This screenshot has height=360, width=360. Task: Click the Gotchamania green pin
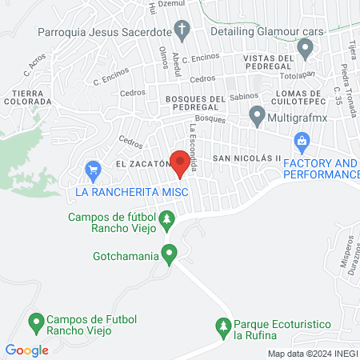169,255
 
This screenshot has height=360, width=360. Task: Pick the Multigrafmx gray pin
257,115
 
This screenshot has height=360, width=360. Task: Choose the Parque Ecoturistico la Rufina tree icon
223,326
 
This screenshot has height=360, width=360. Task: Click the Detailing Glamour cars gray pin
305,49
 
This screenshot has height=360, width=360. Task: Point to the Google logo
27,350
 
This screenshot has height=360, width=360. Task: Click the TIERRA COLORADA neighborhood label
27,97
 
